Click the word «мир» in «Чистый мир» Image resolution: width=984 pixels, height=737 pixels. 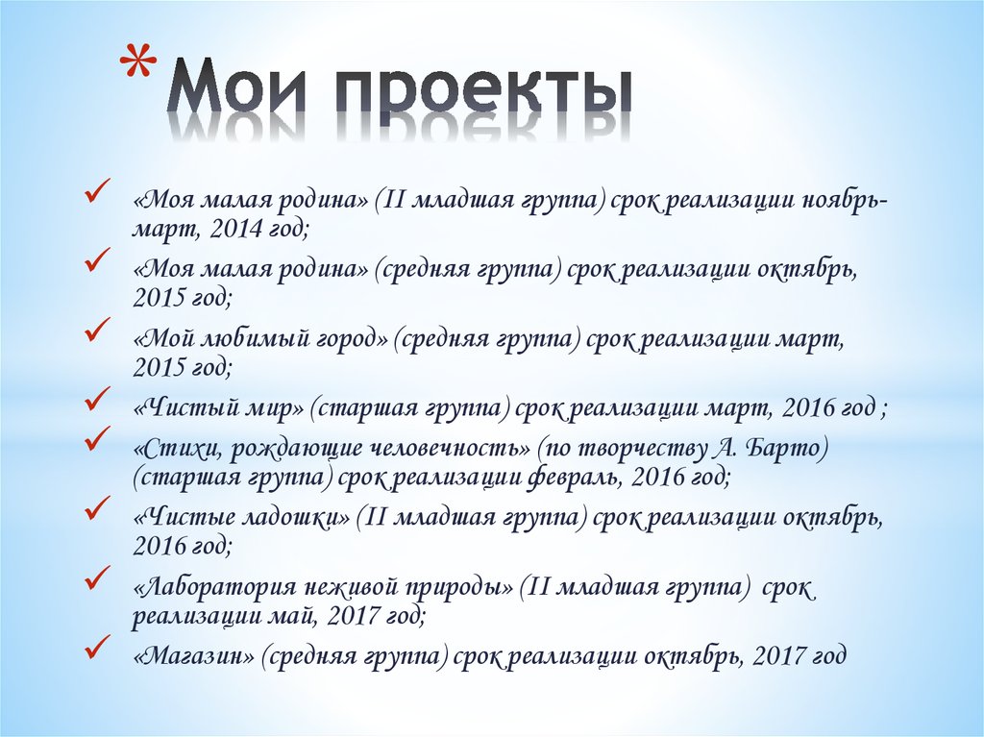point(280,407)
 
